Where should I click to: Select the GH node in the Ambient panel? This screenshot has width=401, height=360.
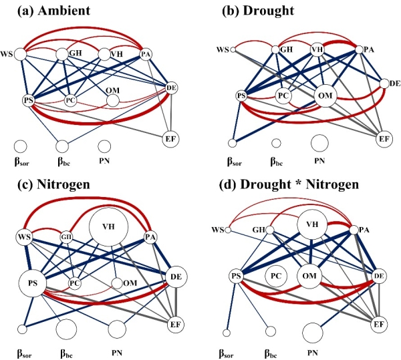pos(63,53)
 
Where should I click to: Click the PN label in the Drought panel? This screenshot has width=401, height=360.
pos(319,161)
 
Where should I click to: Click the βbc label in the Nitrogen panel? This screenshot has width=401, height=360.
pos(66,348)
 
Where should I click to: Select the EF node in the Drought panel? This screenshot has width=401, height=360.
pos(383,138)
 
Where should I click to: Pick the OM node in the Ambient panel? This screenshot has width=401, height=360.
pos(112,100)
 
